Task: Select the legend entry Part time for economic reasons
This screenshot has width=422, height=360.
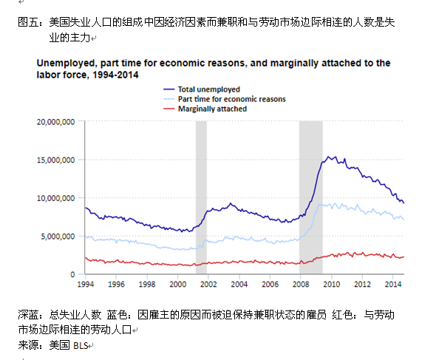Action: click(x=231, y=98)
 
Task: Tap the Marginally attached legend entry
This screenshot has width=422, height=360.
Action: click(x=212, y=108)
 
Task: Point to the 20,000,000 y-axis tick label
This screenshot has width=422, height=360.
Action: click(x=55, y=121)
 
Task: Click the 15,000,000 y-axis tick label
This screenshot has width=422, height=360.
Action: click(x=55, y=160)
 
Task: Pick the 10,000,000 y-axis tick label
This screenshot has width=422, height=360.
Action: click(x=55, y=198)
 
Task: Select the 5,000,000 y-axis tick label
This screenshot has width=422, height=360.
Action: click(x=58, y=237)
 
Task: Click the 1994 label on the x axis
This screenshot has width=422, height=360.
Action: click(x=85, y=284)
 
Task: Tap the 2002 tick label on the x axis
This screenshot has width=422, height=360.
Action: click(x=208, y=284)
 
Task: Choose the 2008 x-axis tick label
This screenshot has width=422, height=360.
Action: click(x=301, y=284)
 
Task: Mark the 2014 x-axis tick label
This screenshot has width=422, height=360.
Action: click(x=393, y=284)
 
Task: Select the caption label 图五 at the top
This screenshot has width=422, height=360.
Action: click(x=27, y=24)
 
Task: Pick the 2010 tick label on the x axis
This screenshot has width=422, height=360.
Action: click(x=332, y=284)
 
